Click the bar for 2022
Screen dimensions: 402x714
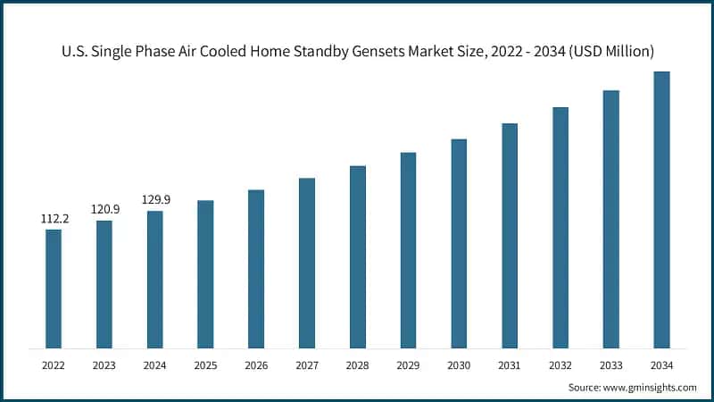(x=54, y=289)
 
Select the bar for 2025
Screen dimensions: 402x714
(x=205, y=273)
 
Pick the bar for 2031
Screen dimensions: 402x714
(x=510, y=235)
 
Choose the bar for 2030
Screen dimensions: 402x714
(x=459, y=243)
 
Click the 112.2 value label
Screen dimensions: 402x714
(x=54, y=218)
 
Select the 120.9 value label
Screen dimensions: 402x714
(x=104, y=208)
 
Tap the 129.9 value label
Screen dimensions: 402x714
(x=155, y=199)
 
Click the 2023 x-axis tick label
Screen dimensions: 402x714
(x=104, y=364)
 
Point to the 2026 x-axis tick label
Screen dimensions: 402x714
(x=256, y=364)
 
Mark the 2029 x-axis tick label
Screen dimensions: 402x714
(x=408, y=364)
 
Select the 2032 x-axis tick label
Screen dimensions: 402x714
(x=560, y=364)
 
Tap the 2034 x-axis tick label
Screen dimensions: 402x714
(x=661, y=364)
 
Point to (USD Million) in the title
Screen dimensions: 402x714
(x=611, y=51)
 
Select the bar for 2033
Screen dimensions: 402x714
(x=611, y=219)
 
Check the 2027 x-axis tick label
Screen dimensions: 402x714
(x=307, y=364)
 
